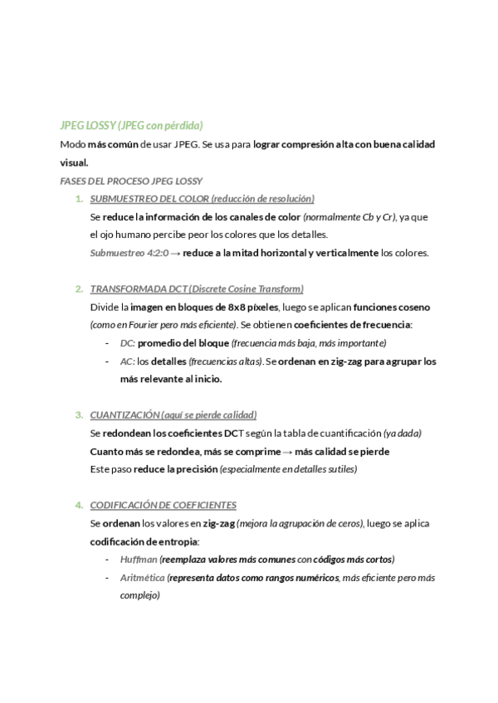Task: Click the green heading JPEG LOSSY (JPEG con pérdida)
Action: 131,126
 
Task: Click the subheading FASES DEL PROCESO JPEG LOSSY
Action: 131,181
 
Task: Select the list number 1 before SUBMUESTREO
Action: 79,199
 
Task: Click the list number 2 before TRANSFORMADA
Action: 79,289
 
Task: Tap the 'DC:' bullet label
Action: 127,342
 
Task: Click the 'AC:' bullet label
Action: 127,361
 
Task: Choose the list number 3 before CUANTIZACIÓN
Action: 79,415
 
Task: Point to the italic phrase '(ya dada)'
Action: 403,433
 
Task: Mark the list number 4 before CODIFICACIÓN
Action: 79,505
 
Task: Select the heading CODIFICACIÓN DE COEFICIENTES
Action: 163,505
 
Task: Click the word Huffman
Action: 138,560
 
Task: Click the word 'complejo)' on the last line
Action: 139,595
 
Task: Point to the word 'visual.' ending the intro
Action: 74,162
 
